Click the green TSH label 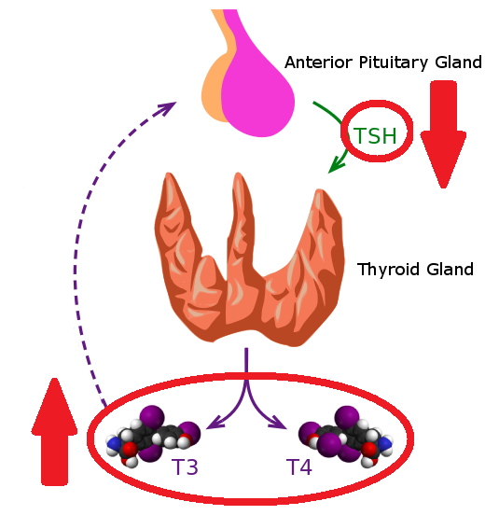pos(375,135)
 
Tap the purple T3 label pos(185,466)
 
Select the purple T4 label pos(299,466)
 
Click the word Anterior pos(319,63)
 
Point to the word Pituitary pos(394,63)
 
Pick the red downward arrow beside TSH pos(443,134)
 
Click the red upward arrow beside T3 pos(55,432)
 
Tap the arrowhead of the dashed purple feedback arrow pos(166,108)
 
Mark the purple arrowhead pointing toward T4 pos(279,423)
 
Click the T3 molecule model pos(153,435)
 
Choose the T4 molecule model pos(346,436)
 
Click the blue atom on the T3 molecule pos(113,443)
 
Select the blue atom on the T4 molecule pos(384,443)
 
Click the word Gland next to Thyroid pos(450,270)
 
